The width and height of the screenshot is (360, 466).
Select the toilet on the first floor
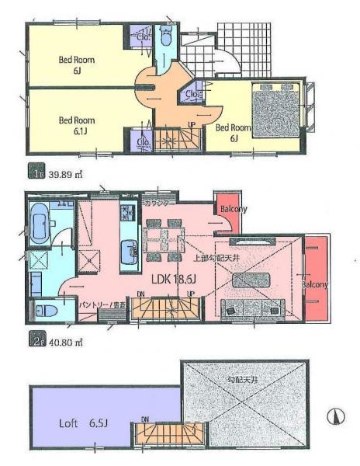coord(166,37)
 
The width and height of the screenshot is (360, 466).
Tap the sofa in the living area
coord(252,308)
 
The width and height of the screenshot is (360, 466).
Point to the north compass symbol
coord(336,417)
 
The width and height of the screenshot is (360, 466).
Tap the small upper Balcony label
coord(233,209)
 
